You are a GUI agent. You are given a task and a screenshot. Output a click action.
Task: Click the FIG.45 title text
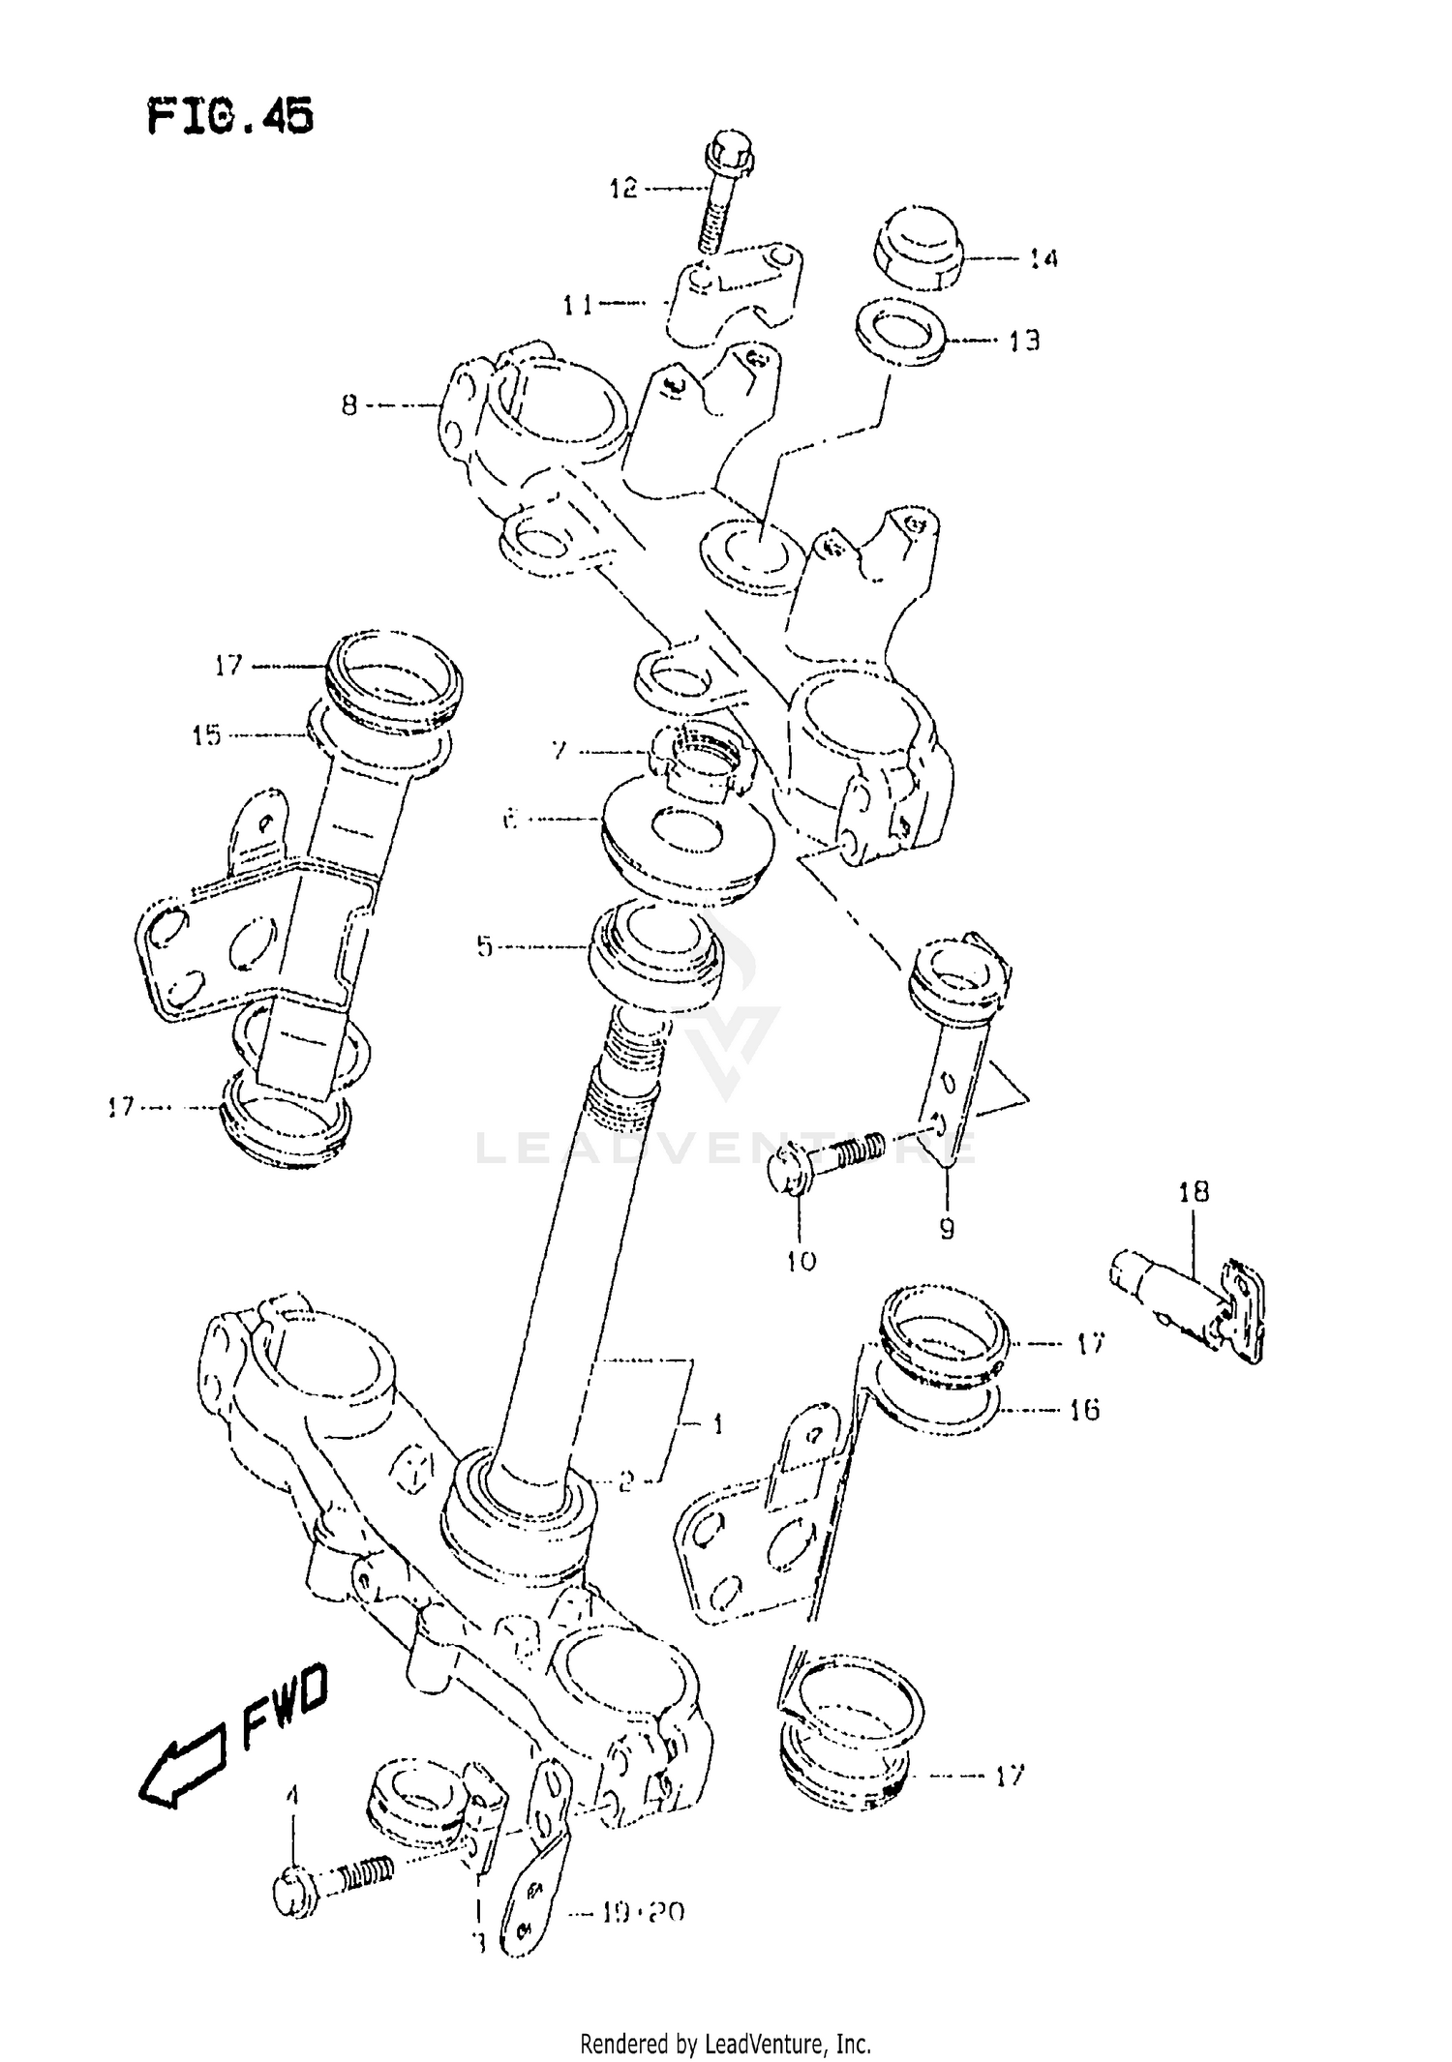230,117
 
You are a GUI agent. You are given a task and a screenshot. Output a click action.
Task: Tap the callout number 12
623,188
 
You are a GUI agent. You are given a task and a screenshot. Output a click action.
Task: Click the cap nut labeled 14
920,248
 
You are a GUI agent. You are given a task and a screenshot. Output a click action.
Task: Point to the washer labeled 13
900,331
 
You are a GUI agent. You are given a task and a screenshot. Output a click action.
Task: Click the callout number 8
349,405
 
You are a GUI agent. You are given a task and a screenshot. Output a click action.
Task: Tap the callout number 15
206,735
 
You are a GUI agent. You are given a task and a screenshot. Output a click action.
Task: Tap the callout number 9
946,1228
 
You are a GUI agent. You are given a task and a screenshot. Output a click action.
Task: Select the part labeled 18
1189,1302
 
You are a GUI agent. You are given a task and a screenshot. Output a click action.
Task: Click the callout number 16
1084,1410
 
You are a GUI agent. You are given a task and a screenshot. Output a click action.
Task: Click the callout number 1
717,1423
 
